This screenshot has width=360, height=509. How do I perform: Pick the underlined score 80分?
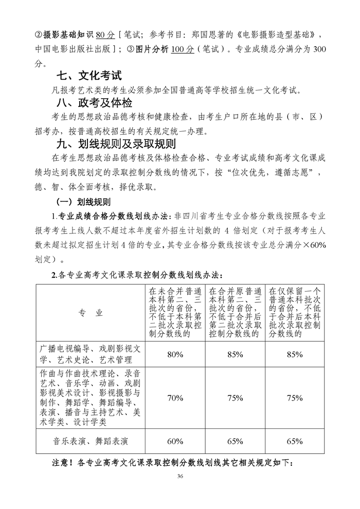tap(105, 35)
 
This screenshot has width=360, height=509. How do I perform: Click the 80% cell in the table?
tap(175, 354)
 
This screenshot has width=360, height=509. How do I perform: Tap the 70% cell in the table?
tap(175, 397)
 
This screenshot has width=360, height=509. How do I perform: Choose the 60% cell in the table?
tap(175, 441)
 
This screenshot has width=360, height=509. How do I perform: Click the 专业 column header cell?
tap(90, 313)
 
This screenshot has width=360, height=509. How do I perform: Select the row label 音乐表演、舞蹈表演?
tap(90, 441)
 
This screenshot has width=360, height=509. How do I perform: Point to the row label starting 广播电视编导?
tap(90, 354)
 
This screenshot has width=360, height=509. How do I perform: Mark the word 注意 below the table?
tap(63, 463)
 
